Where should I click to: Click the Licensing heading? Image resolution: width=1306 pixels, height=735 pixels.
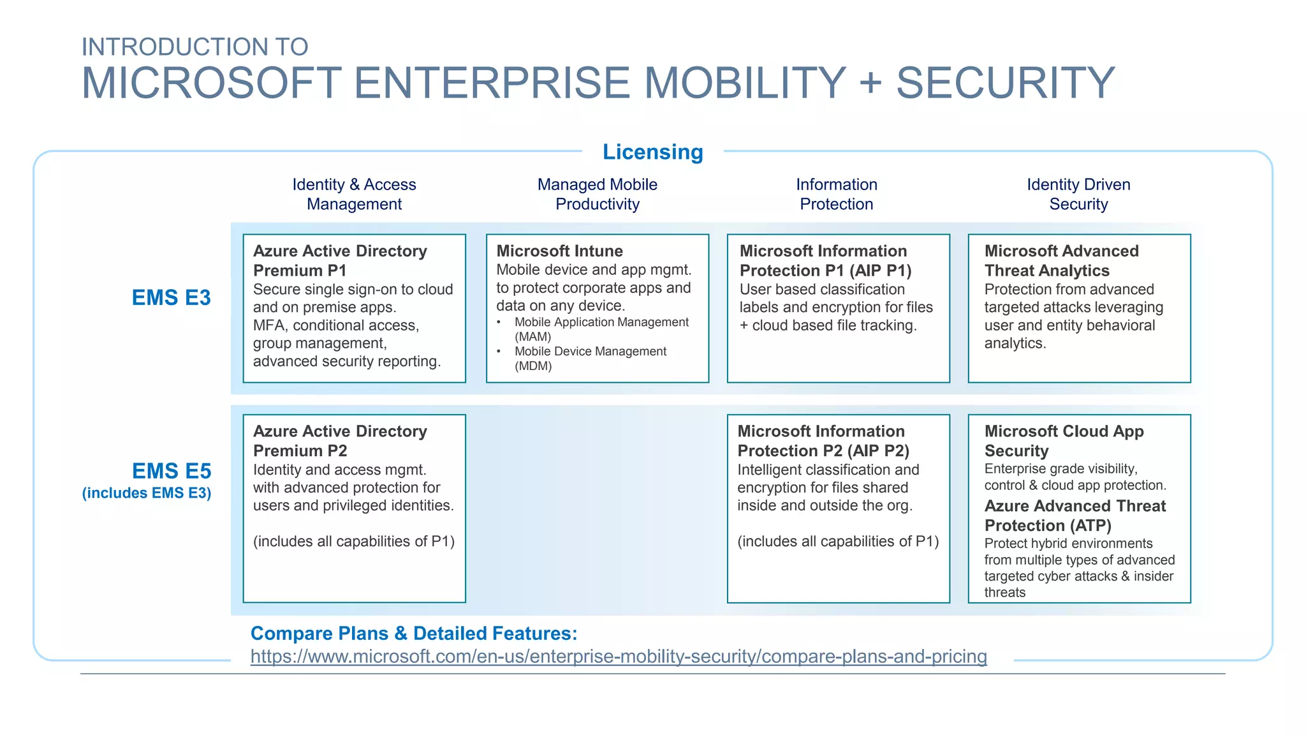click(x=652, y=152)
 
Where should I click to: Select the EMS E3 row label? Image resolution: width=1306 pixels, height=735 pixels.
click(x=171, y=298)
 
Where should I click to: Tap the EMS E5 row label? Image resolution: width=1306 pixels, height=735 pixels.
click(x=171, y=471)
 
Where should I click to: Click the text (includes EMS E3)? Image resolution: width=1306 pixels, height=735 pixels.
click(x=146, y=493)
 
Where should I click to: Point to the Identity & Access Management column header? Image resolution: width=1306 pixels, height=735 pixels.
click(x=354, y=194)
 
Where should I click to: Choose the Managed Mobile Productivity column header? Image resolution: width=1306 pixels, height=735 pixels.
click(x=597, y=194)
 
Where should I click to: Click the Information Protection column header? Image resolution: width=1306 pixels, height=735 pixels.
click(x=836, y=194)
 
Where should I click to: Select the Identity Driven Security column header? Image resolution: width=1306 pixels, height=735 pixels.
click(x=1078, y=194)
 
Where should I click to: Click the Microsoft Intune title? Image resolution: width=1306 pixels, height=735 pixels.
click(x=559, y=251)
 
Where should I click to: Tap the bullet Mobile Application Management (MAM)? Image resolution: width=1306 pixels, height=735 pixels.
click(x=601, y=329)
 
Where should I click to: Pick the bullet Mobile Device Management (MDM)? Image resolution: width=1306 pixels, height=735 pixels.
click(x=590, y=358)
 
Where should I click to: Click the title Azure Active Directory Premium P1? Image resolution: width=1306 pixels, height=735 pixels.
click(x=339, y=260)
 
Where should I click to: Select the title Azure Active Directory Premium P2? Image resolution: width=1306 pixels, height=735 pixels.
click(x=339, y=441)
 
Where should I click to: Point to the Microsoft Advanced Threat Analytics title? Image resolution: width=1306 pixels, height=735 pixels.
click(x=1061, y=260)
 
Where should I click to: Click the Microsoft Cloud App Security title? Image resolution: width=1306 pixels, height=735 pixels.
click(x=1064, y=441)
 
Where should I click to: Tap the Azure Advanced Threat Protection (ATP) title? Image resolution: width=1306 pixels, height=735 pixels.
click(x=1075, y=516)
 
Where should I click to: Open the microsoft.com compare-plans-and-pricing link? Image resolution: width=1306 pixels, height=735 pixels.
click(x=618, y=657)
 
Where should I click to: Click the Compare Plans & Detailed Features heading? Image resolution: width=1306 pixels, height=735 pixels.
click(x=413, y=634)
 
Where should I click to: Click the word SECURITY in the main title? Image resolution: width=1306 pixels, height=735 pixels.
click(x=1005, y=83)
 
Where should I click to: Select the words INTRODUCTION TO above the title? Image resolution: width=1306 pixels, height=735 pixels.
click(x=194, y=47)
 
